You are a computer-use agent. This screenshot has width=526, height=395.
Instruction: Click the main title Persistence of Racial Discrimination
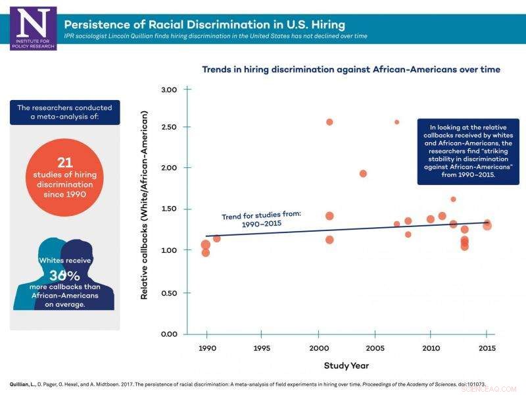click(204, 24)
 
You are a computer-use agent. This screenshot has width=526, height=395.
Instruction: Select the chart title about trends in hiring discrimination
click(350, 69)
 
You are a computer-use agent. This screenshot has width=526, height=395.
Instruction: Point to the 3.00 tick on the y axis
click(170, 90)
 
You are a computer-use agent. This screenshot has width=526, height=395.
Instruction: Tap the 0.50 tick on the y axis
click(170, 292)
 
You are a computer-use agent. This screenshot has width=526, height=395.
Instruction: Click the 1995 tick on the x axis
click(262, 348)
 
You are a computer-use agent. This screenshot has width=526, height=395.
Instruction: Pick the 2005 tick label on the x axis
click(375, 348)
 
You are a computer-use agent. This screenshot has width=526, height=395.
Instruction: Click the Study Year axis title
click(346, 365)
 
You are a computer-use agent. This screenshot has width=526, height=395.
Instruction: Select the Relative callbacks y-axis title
click(144, 204)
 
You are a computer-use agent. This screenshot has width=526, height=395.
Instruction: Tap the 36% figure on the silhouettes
click(64, 276)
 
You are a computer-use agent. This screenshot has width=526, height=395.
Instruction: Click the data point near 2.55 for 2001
click(329, 122)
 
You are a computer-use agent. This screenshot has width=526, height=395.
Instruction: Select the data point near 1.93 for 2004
click(363, 174)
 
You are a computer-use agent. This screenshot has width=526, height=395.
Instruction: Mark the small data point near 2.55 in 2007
click(396, 122)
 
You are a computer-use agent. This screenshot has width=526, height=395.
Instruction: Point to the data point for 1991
click(216, 238)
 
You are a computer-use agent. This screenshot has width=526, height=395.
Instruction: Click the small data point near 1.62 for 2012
click(453, 199)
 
